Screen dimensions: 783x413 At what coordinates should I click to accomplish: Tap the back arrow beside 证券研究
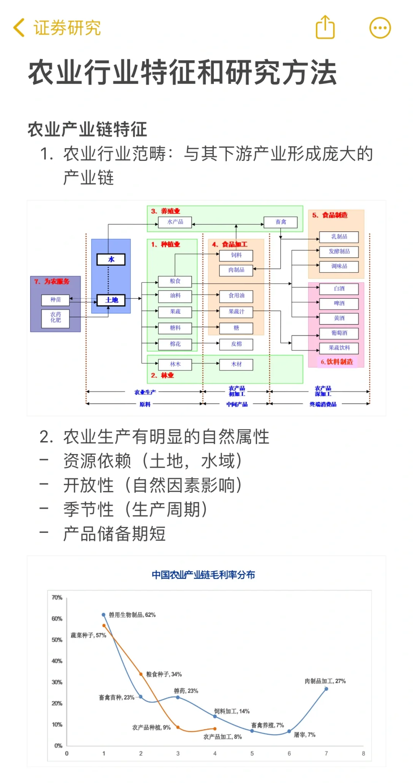[19, 28]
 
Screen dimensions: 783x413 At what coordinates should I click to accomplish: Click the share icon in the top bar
[325, 27]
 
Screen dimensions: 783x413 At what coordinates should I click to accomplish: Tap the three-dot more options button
[380, 28]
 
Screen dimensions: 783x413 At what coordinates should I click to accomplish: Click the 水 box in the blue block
[111, 259]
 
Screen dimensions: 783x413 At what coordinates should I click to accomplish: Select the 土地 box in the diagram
[111, 300]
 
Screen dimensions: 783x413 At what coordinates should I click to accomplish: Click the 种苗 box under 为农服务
[55, 300]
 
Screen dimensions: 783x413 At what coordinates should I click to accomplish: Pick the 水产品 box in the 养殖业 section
[175, 222]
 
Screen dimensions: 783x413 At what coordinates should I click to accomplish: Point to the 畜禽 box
[281, 222]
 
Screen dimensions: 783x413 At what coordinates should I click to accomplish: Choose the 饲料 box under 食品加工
[236, 255]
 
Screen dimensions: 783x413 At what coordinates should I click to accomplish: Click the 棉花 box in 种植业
[175, 344]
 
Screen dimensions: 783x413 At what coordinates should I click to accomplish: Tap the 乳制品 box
[339, 237]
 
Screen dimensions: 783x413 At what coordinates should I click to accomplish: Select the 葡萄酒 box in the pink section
[339, 333]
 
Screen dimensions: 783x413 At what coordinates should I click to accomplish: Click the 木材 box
[236, 364]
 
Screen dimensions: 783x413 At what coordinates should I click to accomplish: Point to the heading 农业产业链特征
[87, 129]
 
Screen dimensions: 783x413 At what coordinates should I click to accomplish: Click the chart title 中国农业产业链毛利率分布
[203, 575]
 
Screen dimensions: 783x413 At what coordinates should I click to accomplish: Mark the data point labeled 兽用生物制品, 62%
[104, 615]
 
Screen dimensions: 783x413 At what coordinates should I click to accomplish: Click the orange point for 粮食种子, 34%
[141, 674]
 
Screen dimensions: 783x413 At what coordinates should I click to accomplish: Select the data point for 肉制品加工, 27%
[326, 689]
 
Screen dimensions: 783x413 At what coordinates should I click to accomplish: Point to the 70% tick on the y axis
[57, 598]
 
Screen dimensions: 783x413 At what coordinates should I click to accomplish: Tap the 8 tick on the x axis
[363, 753]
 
